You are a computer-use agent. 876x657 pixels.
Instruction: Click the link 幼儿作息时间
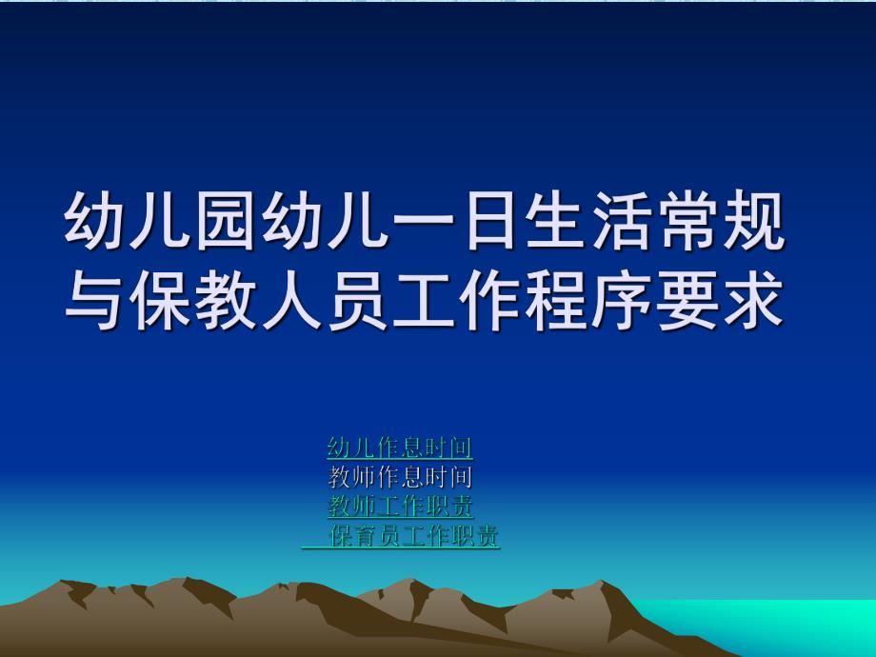point(400,448)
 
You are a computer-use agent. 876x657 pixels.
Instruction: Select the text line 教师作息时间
point(400,477)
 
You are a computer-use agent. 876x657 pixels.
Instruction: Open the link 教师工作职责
point(400,507)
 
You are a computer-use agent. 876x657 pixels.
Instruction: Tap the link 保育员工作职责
point(413,536)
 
